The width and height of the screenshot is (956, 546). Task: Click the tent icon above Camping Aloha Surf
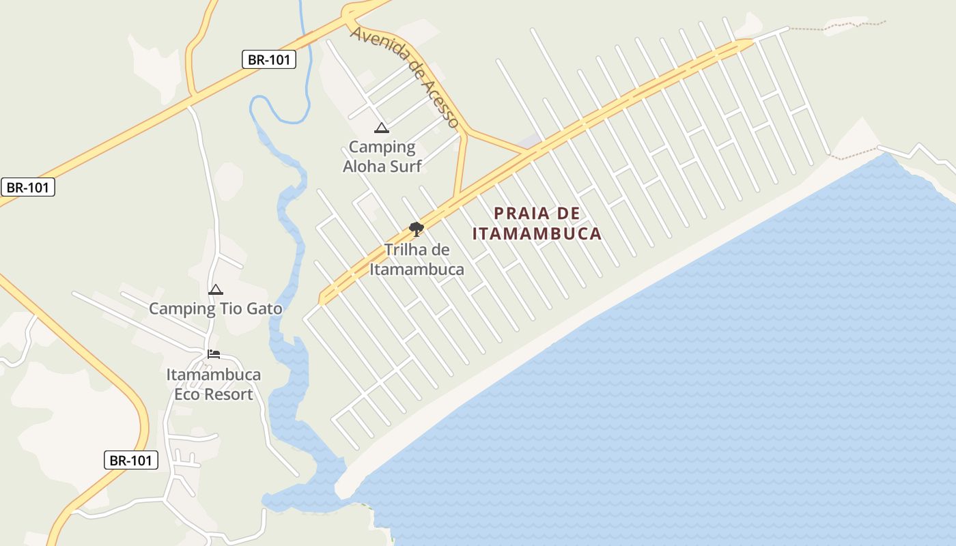click(381, 128)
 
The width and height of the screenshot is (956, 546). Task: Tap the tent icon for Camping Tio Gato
click(216, 289)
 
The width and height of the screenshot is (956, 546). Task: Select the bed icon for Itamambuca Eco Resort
click(214, 354)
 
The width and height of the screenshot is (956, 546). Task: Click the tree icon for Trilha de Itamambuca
click(417, 229)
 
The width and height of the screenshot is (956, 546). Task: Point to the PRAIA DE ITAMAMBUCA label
click(537, 223)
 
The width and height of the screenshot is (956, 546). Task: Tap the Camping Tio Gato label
click(215, 308)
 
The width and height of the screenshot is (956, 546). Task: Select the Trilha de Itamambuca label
click(417, 259)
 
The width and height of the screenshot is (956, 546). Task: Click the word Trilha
click(408, 250)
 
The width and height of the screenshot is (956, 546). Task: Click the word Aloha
click(363, 166)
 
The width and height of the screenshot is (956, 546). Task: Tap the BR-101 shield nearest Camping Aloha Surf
click(269, 59)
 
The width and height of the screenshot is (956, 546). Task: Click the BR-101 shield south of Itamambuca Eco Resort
click(131, 460)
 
